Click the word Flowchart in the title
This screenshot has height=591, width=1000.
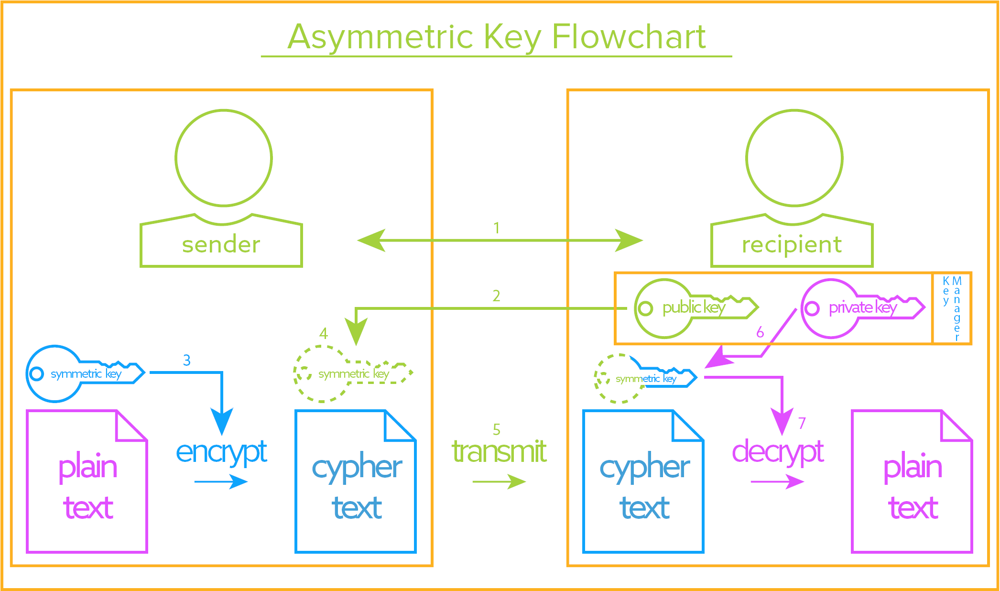[629, 37]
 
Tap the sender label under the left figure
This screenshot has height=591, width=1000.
[221, 245]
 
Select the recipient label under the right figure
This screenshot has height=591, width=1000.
[792, 245]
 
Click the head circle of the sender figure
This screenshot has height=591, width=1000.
[224, 158]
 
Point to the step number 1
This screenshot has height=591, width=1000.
[497, 228]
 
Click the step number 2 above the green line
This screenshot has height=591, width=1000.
[497, 296]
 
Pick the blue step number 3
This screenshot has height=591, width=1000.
[187, 360]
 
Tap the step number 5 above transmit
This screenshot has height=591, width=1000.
[497, 429]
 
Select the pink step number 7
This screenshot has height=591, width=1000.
[802, 423]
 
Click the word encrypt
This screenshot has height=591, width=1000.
[221, 452]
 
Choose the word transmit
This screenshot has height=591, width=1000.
[499, 452]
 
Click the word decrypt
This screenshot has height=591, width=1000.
[778, 452]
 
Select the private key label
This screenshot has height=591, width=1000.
[863, 307]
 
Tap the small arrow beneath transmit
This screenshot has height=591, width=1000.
[499, 482]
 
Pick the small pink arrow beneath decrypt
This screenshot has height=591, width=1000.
[777, 482]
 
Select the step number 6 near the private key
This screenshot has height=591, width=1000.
[760, 332]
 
